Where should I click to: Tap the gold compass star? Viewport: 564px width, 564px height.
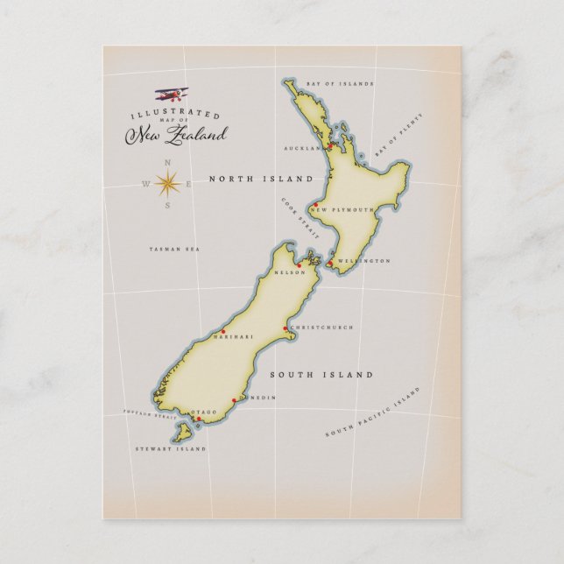[x=168, y=183]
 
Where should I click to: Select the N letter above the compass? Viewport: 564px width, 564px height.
[x=168, y=162]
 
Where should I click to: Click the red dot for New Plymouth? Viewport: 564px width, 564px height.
[x=314, y=205]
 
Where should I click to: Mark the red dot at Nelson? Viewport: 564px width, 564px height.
[x=299, y=264]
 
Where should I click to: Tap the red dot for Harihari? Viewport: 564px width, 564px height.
[x=222, y=331]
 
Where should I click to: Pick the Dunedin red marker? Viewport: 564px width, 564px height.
[x=234, y=400]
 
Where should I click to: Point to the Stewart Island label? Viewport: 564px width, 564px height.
[x=171, y=448]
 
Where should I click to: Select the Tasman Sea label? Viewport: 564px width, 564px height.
[x=174, y=250]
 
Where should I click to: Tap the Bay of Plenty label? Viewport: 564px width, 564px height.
[x=392, y=141]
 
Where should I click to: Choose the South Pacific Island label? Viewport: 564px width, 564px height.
[x=373, y=411]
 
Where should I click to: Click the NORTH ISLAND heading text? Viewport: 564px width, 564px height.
[x=261, y=179]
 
